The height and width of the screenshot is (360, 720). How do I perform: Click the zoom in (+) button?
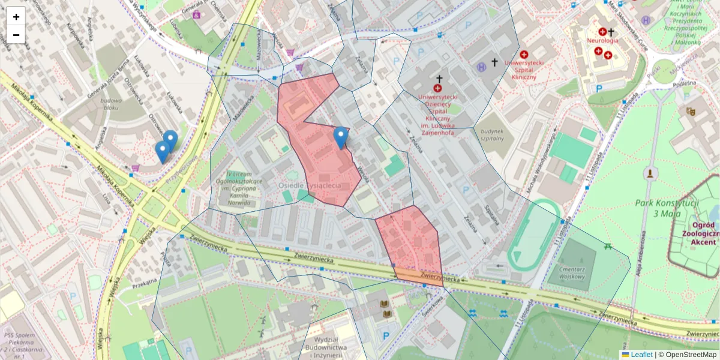click(16, 16)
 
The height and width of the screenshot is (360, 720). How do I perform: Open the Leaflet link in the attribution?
click(641, 355)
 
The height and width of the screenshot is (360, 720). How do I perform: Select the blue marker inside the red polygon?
click(341, 137)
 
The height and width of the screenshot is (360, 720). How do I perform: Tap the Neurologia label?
click(602, 41)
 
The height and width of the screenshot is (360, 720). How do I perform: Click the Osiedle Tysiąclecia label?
click(310, 185)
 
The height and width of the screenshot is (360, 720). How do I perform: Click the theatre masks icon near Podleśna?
click(691, 111)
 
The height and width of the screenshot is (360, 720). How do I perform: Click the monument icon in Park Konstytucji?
click(649, 174)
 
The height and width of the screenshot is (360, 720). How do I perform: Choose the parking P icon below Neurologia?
click(599, 88)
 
